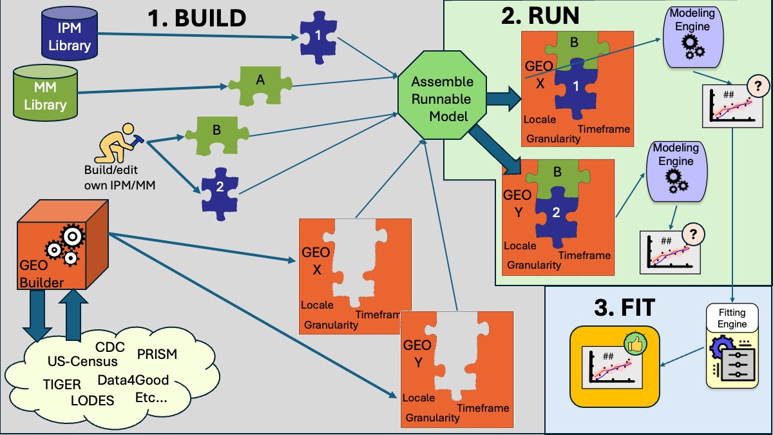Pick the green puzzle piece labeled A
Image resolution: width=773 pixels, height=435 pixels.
coord(260,85)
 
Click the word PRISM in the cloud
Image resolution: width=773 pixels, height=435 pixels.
coord(157,354)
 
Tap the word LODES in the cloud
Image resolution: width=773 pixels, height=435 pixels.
coord(92,400)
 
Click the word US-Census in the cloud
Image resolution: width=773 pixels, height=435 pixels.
coord(82,361)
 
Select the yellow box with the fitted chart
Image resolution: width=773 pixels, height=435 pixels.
coord(615,366)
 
